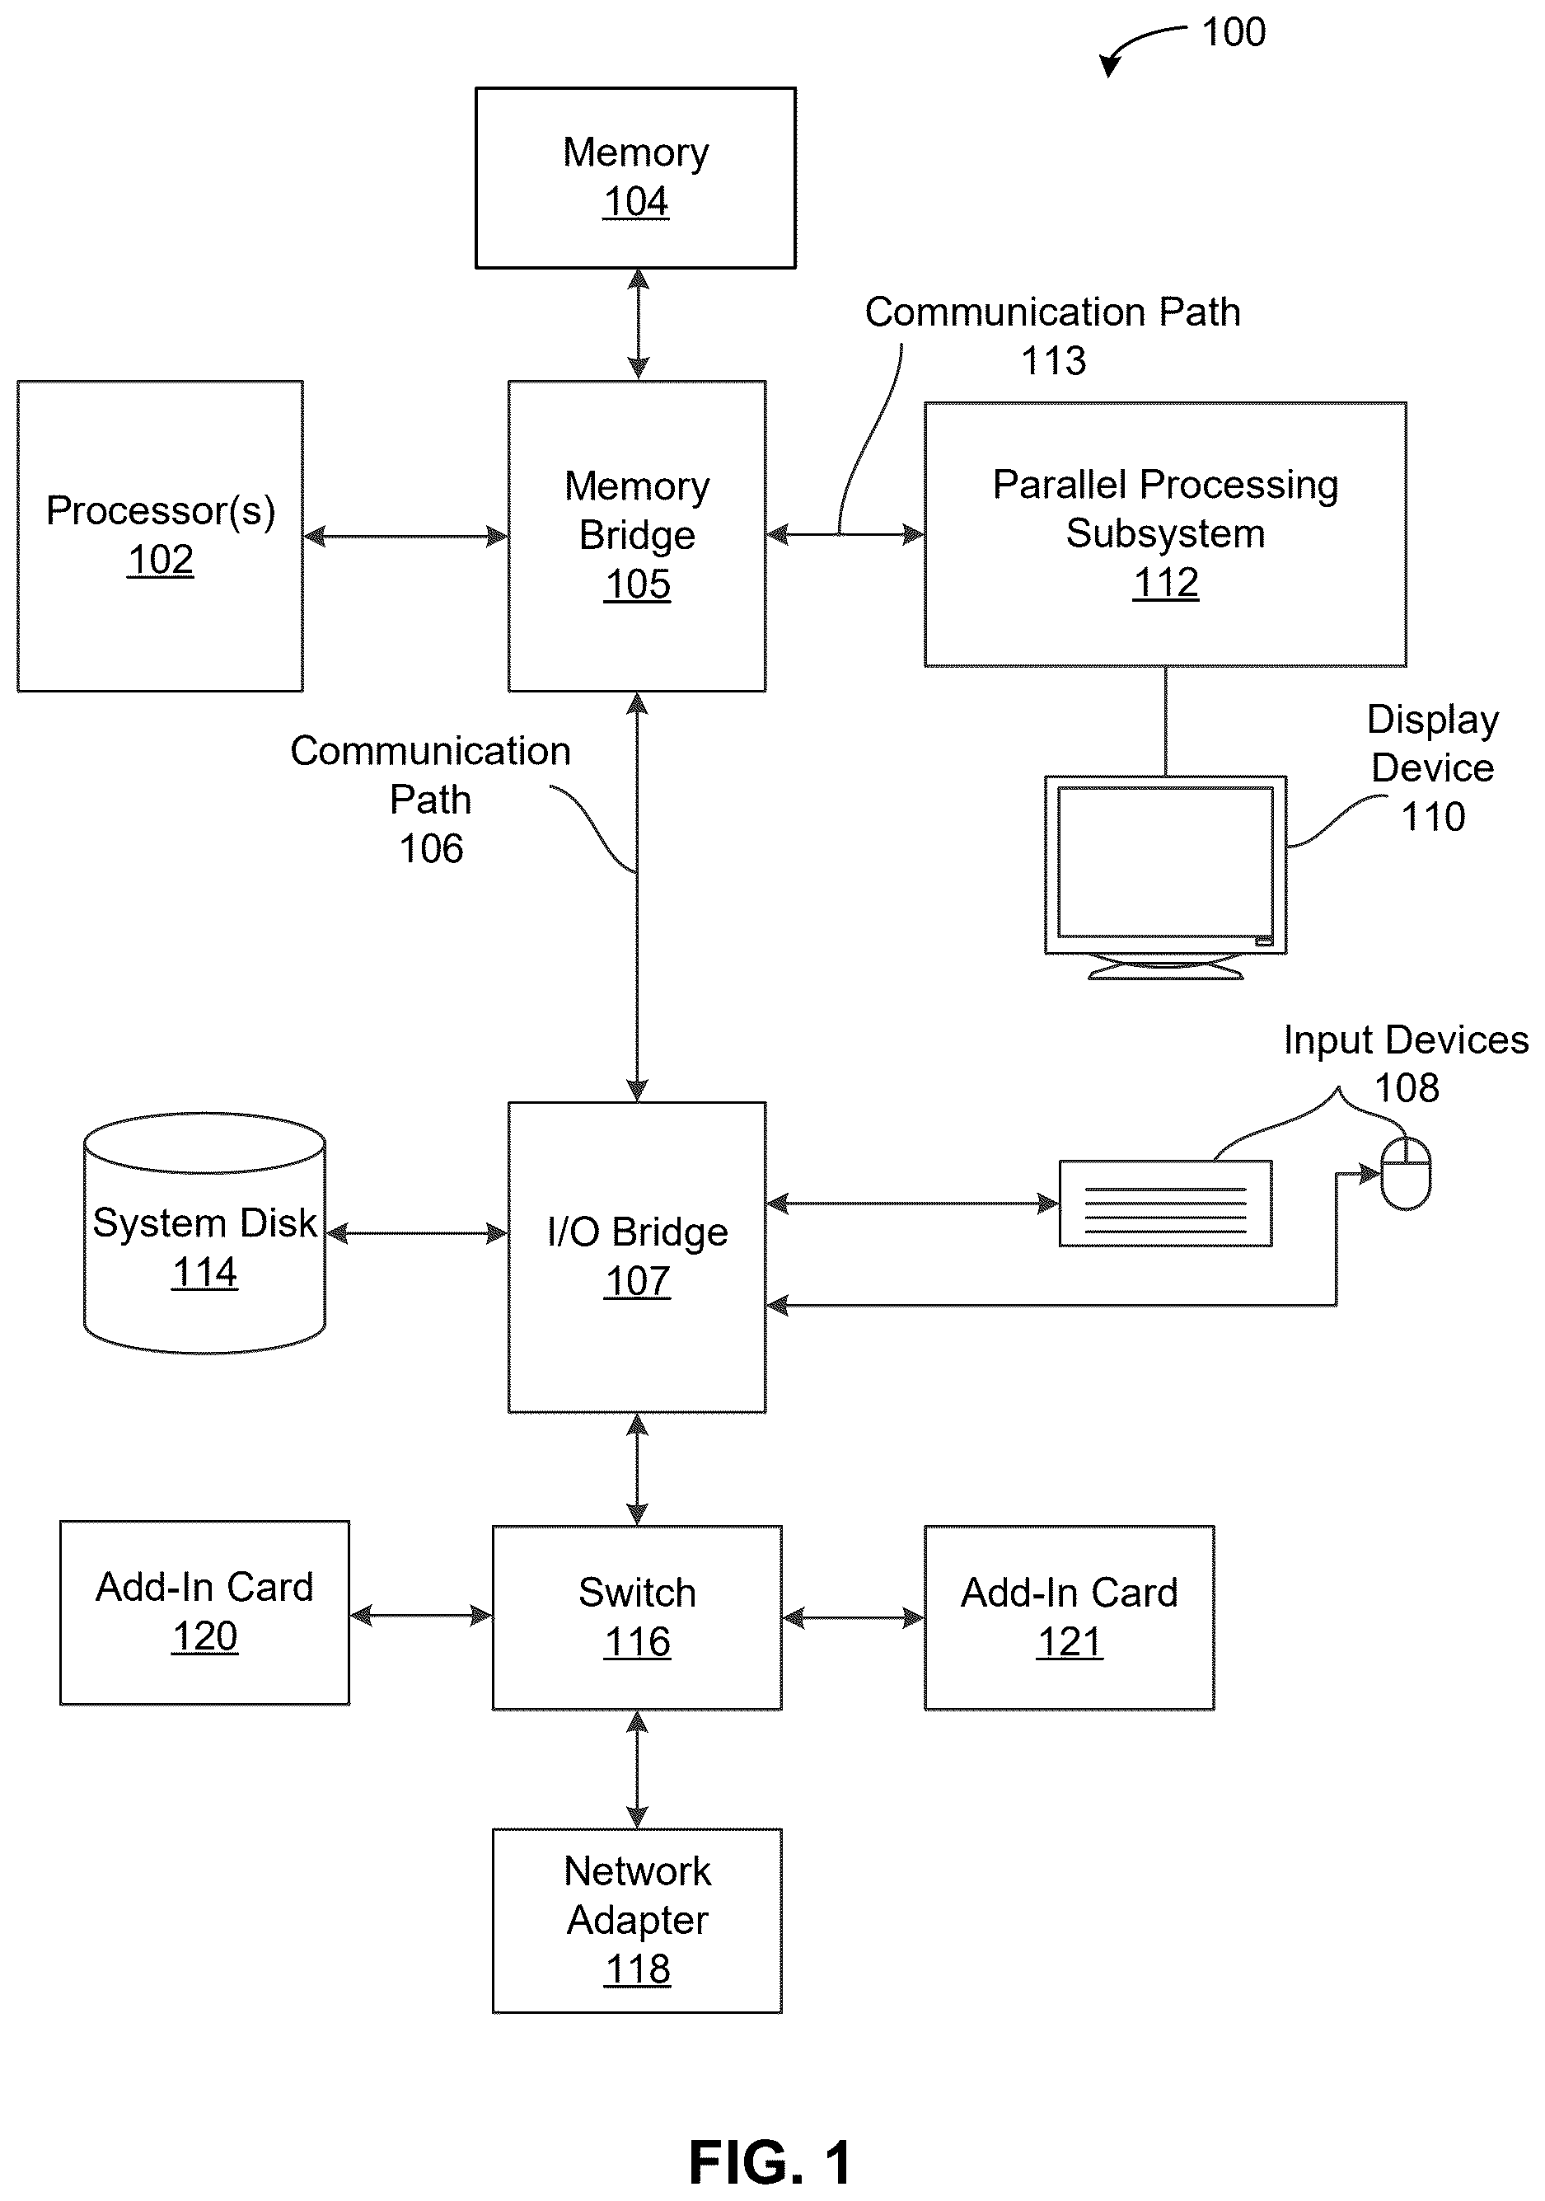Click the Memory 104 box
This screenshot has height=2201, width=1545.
point(635,177)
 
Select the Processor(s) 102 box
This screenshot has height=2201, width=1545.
point(160,536)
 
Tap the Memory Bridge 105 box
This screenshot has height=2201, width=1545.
point(636,536)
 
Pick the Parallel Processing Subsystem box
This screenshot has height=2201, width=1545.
point(1164,534)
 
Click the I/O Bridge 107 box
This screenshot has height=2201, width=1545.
point(636,1257)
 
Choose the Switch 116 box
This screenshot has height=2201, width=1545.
point(636,1618)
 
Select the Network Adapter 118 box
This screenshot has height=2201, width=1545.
point(636,1921)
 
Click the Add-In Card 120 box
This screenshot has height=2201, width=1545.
point(204,1612)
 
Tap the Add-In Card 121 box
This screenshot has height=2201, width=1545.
point(1069,1618)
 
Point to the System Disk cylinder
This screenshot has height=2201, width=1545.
point(204,1232)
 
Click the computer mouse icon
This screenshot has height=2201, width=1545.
point(1405,1173)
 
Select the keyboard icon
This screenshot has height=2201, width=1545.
point(1164,1203)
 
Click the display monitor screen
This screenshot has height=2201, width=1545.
point(1164,863)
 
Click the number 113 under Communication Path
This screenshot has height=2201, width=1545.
point(1053,361)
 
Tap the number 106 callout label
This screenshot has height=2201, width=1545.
point(431,848)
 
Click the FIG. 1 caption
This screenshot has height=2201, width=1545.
point(770,2161)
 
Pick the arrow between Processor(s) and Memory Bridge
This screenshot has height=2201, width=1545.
point(405,536)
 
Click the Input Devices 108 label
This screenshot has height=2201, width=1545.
point(1406,1063)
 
